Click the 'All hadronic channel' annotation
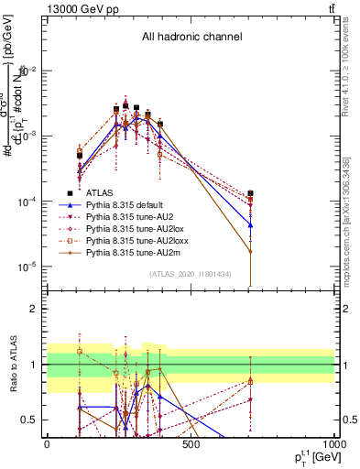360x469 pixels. (x=191, y=37)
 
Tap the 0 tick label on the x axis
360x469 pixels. (x=47, y=444)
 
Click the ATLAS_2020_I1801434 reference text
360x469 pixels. (x=191, y=275)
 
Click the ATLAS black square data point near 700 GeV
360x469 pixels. (x=250, y=193)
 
